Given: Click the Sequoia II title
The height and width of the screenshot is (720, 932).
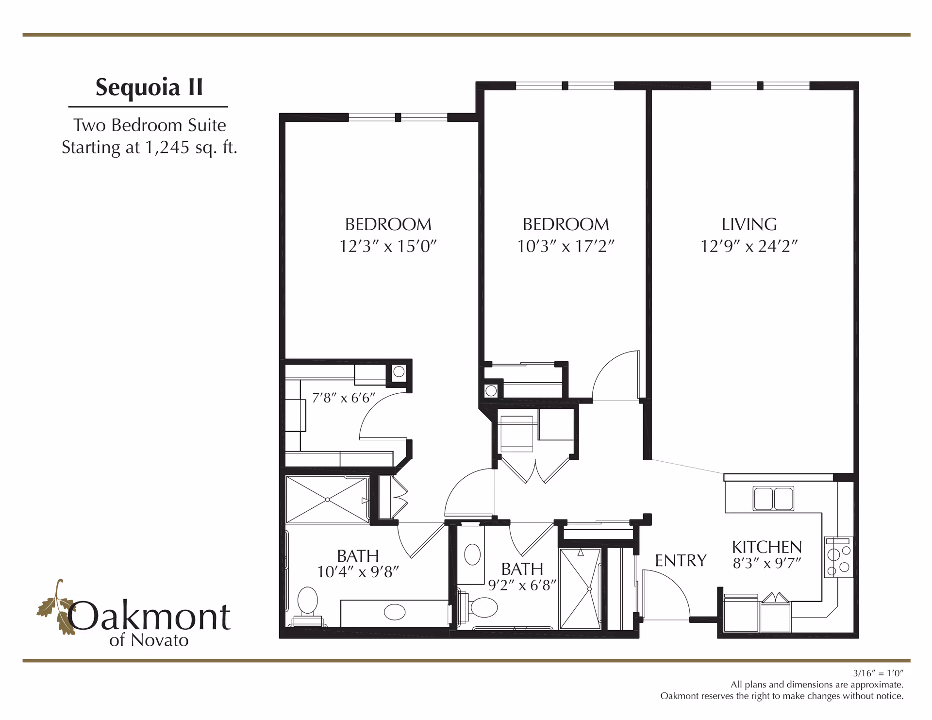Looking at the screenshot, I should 149,88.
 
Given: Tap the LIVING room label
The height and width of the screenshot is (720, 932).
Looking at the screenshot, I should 749,224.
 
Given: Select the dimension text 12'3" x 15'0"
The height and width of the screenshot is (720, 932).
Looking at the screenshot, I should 388,246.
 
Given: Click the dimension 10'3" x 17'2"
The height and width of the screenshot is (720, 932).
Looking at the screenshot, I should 566,246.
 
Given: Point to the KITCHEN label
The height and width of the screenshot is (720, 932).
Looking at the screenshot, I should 766,547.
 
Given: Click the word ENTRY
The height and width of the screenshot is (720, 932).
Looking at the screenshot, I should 681,561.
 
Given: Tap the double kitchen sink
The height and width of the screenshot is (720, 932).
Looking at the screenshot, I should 773,499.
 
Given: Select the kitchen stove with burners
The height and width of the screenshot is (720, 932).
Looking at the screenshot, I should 838,557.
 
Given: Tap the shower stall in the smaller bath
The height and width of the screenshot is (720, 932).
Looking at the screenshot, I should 580,589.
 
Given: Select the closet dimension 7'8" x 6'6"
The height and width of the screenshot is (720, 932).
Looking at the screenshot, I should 344,398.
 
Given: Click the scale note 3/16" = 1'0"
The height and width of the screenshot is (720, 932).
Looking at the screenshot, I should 878,673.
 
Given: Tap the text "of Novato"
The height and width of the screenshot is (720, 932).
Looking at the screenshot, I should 149,640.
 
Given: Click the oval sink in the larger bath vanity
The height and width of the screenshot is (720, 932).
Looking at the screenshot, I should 395,612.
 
